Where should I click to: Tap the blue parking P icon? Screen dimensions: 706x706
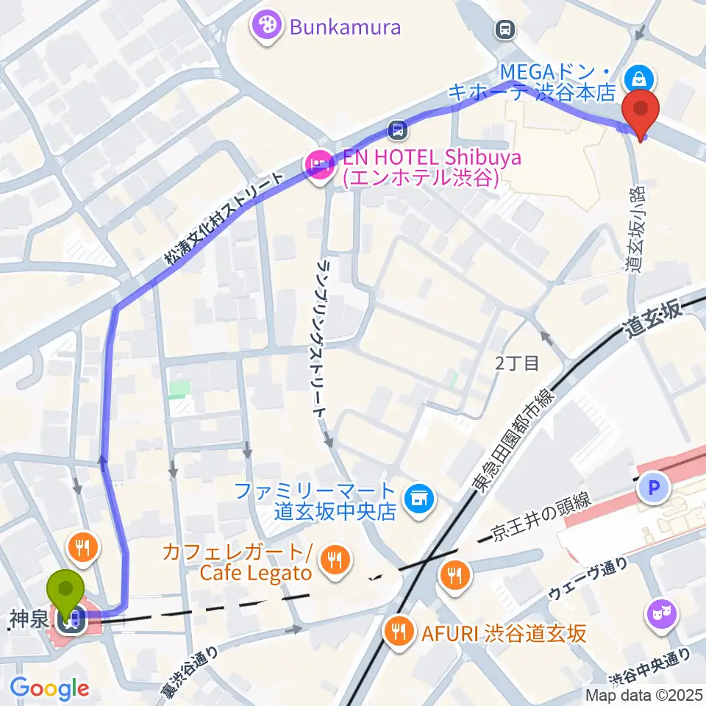(x=654, y=486)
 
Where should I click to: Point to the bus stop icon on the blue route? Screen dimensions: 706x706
(x=398, y=130)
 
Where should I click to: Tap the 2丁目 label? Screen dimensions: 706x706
(x=517, y=362)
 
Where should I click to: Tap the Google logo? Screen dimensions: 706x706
(x=49, y=688)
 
